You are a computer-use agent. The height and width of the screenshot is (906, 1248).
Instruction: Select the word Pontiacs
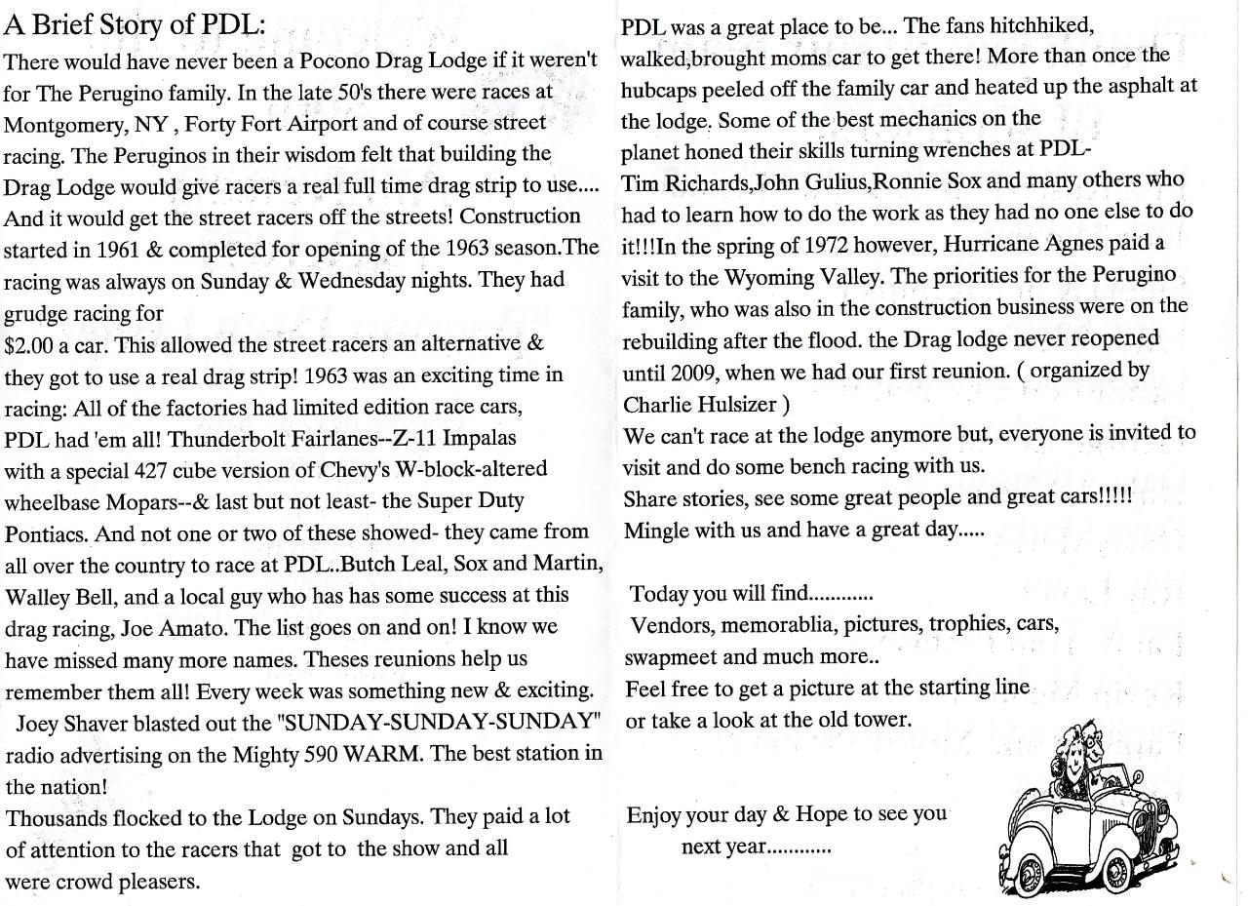[x=45, y=533]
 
